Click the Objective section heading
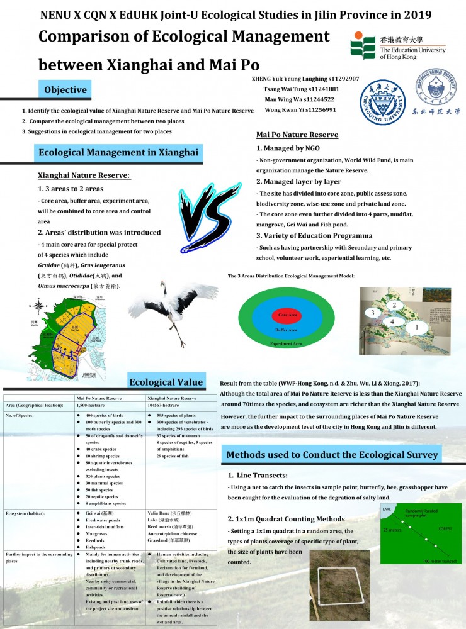tap(65, 90)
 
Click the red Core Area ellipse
tap(287, 314)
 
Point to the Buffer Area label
tap(287, 330)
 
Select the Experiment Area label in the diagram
tap(286, 344)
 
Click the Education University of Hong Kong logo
tap(398, 47)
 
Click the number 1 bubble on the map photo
tap(416, 327)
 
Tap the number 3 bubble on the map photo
tap(373, 313)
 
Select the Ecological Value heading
tap(166, 381)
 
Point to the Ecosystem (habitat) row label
tap(27, 513)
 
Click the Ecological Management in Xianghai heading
tap(118, 152)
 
